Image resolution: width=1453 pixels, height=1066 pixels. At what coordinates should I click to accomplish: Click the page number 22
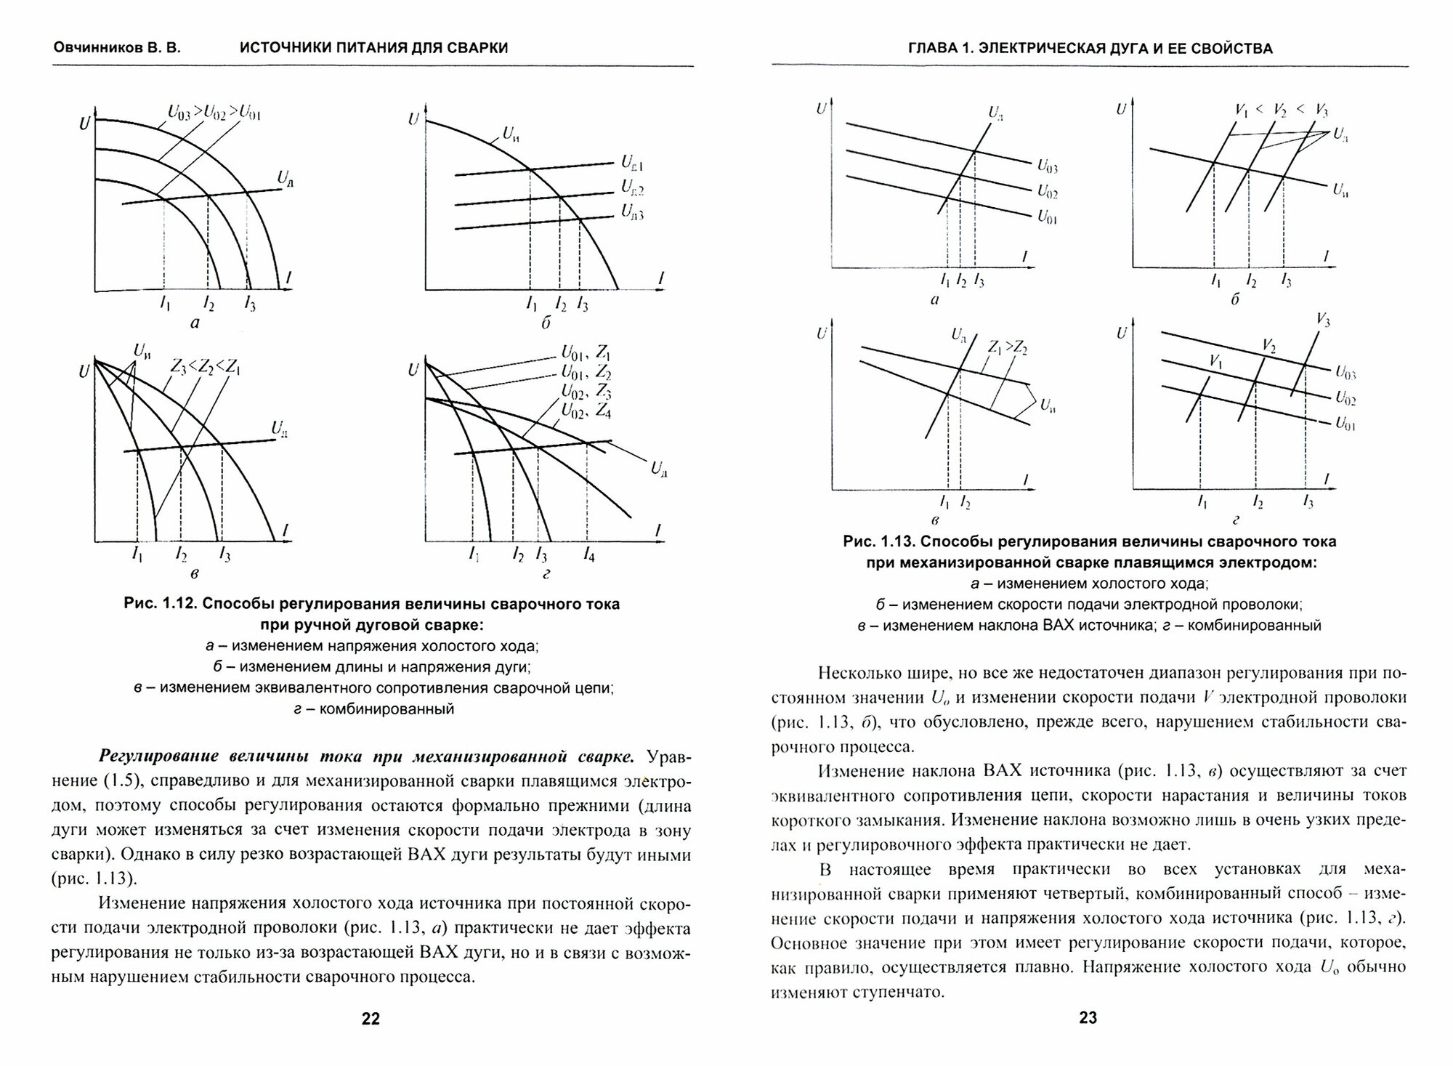[371, 1019]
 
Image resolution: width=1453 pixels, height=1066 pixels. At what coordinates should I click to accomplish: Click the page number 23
[1088, 1017]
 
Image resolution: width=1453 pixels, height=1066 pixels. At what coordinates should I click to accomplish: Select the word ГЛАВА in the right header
[933, 49]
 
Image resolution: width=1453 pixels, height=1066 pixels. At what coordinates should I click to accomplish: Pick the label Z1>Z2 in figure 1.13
[1007, 347]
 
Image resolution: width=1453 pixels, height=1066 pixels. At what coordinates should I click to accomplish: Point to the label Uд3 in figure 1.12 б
[632, 211]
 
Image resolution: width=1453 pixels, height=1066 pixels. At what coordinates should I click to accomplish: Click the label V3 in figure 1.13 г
[1323, 320]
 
